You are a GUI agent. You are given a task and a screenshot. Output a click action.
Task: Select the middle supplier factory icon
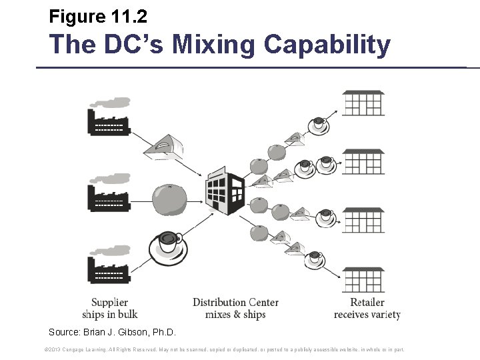point(109,194)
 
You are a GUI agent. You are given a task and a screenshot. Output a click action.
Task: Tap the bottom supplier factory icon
point(109,267)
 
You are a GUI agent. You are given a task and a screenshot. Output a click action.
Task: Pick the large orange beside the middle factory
point(169,199)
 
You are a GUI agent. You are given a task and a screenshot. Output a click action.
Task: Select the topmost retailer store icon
point(363,104)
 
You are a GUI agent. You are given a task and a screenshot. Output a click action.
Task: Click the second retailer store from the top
point(363,162)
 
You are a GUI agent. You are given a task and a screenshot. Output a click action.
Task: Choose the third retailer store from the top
point(363,221)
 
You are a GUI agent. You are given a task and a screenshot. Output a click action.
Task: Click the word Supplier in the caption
point(109,303)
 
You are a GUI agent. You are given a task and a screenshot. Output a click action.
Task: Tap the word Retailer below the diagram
point(367,303)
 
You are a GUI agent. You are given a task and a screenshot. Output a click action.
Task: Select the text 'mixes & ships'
point(235,315)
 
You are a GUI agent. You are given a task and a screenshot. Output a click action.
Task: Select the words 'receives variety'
point(367,315)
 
